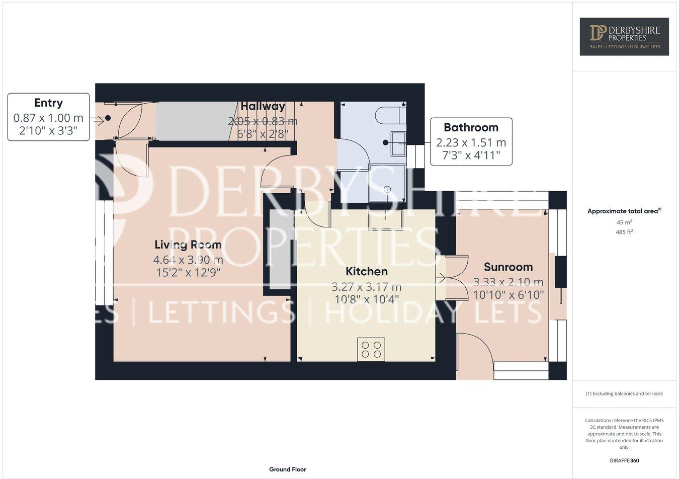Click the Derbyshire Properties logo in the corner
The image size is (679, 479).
click(624, 36)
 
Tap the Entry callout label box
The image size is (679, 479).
click(48, 117)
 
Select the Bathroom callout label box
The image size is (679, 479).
click(471, 141)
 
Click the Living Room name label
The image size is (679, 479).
click(188, 245)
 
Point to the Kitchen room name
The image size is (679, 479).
click(367, 272)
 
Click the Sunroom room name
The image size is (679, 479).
click(508, 267)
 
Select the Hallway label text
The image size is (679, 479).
click(263, 106)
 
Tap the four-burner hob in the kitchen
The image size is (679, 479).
click(371, 350)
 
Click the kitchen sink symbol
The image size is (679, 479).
click(386, 220)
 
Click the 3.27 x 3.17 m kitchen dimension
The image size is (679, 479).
click(366, 287)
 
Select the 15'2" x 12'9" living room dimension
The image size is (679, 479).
click(188, 273)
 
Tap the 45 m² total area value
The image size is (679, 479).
click(624, 222)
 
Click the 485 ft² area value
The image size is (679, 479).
click(624, 232)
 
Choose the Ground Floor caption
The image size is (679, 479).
click(287, 469)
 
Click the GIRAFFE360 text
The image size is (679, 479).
click(624, 460)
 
